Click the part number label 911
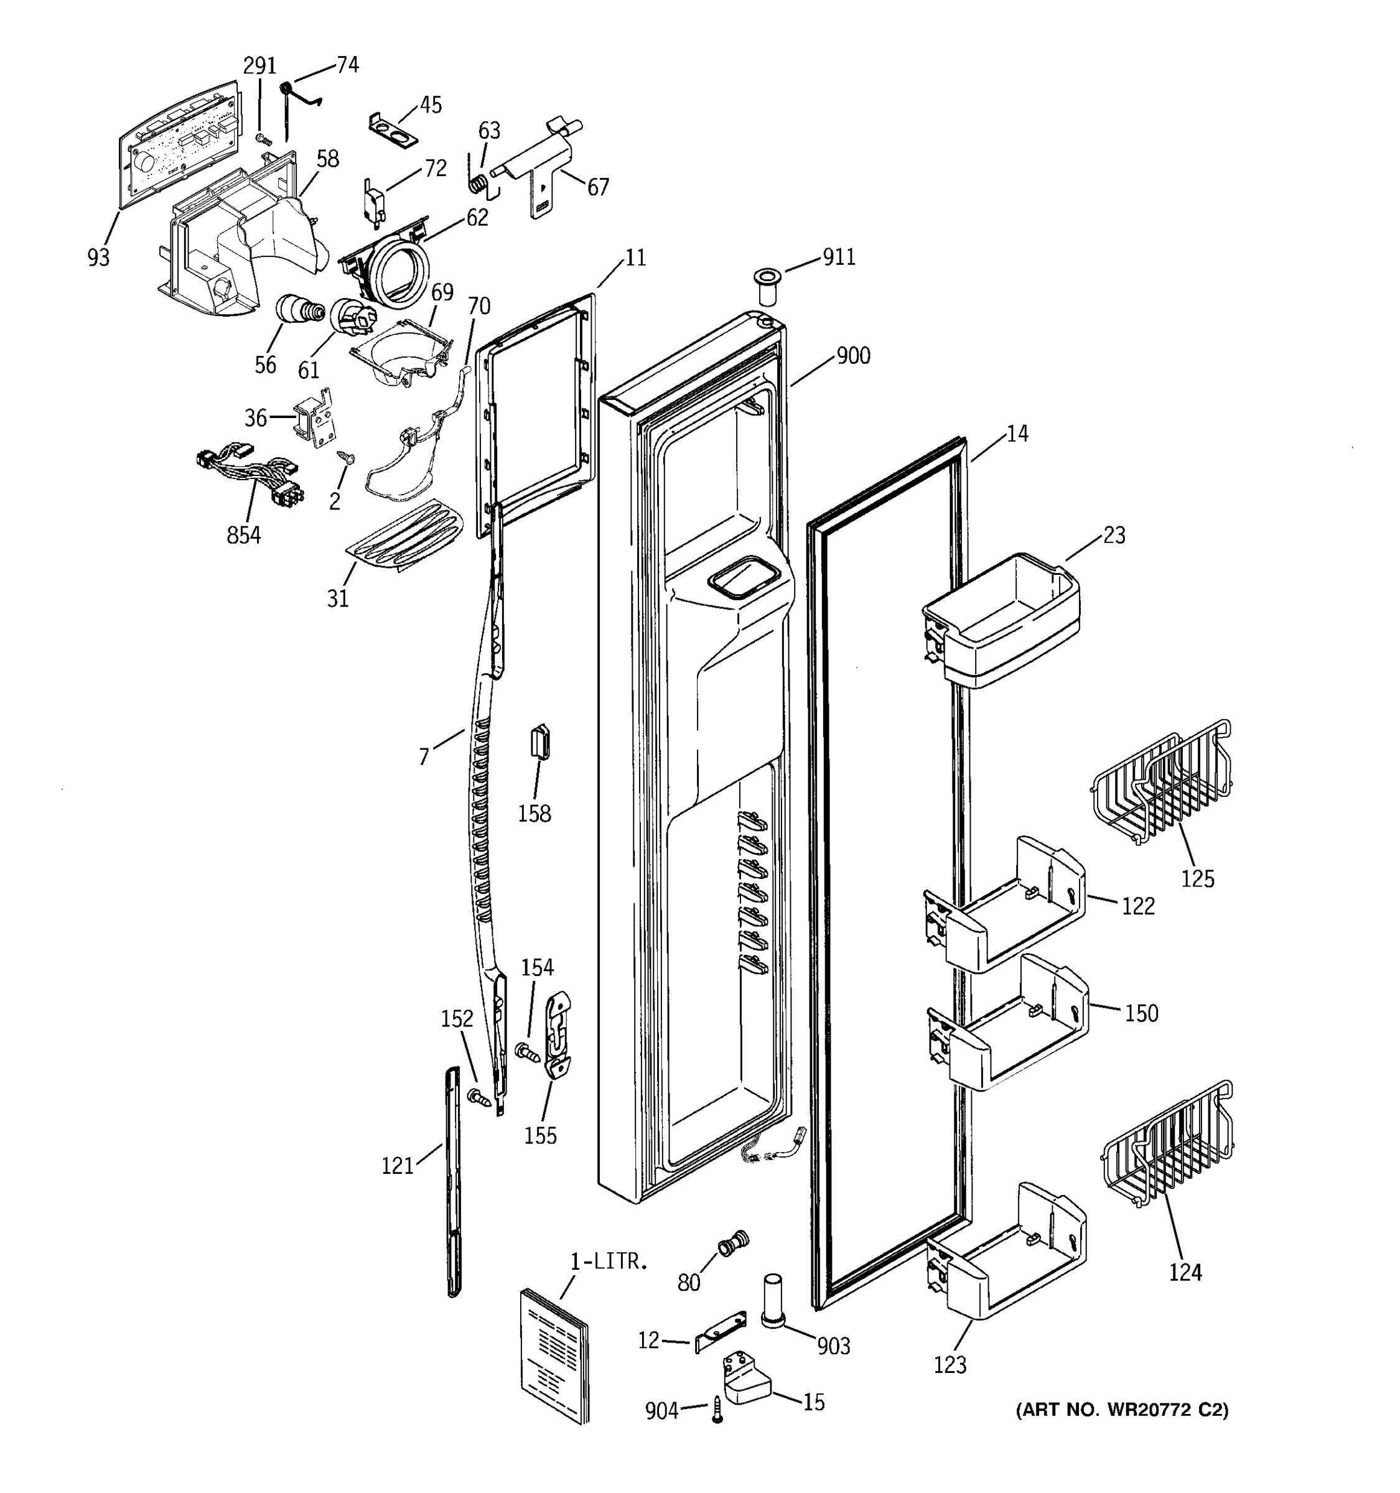point(839,258)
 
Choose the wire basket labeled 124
point(1168,1146)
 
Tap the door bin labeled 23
point(1001,620)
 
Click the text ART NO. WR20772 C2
point(1121,1410)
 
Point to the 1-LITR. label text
point(609,1262)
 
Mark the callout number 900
point(853,355)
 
